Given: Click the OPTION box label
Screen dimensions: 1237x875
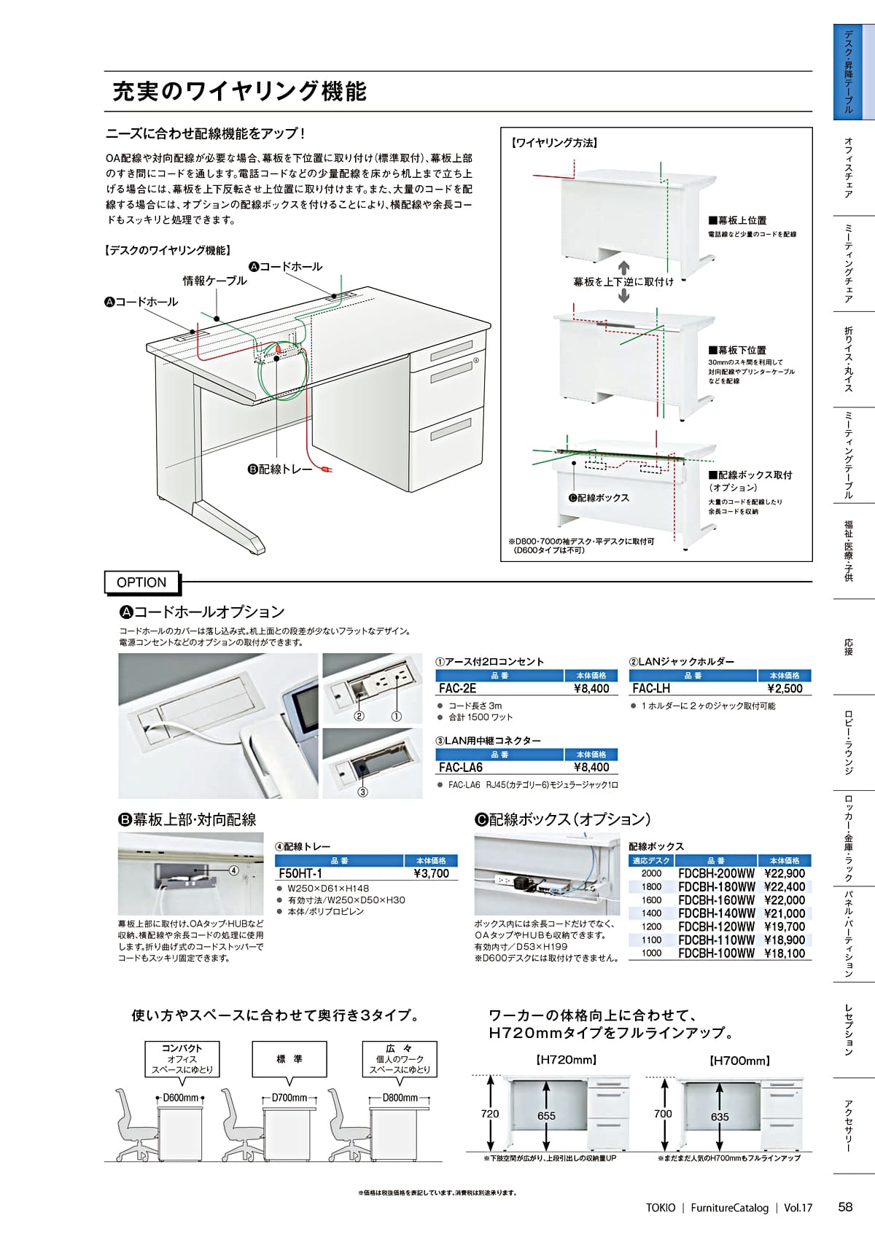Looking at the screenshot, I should tap(141, 582).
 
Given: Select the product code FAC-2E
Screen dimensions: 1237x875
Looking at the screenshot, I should tap(457, 688).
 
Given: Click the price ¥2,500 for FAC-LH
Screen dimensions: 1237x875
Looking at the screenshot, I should tap(785, 688).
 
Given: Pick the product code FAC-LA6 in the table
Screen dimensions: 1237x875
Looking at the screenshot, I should tap(460, 767).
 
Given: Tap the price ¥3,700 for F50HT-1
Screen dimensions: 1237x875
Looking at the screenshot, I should tap(432, 873).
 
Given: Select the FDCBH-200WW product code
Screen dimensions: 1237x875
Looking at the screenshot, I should tap(716, 873).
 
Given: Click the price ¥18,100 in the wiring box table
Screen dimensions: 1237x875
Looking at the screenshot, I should tap(785, 953).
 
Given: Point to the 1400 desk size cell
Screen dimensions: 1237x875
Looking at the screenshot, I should tap(651, 913).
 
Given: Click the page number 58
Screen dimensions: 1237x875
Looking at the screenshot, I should tap(845, 1207).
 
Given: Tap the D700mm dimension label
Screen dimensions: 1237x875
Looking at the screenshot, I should tap(289, 1098).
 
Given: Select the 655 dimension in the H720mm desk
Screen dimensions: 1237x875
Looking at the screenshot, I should tap(546, 1116).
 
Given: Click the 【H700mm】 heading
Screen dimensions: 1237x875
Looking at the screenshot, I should tap(739, 1061).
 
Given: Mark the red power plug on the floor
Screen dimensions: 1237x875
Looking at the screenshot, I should tap(327, 470).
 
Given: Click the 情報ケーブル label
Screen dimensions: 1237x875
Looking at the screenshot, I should tap(214, 281).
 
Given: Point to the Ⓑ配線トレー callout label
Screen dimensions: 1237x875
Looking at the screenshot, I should tap(280, 469).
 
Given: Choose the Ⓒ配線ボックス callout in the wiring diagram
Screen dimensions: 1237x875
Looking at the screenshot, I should tap(599, 498).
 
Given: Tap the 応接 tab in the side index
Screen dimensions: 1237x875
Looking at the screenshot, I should tap(848, 647).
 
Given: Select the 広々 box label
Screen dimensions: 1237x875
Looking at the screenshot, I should tap(400, 1048).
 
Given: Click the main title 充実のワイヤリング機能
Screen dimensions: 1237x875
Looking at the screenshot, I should tap(239, 91).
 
